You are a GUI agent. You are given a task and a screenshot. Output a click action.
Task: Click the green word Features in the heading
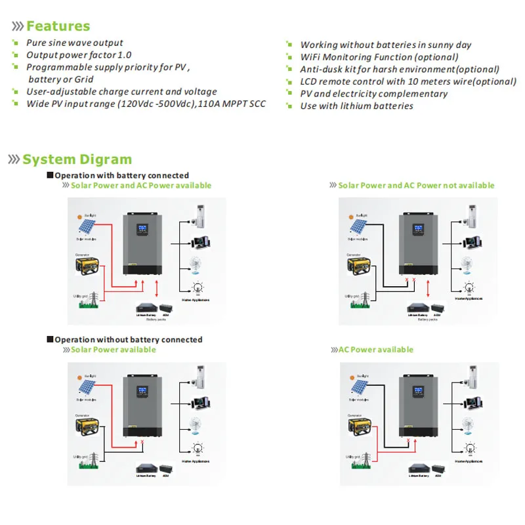pos(58,26)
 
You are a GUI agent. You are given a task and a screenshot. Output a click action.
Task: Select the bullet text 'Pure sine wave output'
pos(74,43)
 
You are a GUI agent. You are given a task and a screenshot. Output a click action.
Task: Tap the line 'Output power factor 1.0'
pos(79,55)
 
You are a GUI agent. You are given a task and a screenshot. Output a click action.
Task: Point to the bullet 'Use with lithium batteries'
pos(356,106)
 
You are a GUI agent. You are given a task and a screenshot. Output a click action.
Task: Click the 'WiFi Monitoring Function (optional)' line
pos(379,57)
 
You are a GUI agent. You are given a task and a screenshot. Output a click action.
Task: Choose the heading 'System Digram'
pos(77,159)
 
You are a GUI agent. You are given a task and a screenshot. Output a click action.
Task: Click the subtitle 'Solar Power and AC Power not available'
pos(416,186)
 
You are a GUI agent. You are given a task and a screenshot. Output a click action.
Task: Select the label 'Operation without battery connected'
pos(128,340)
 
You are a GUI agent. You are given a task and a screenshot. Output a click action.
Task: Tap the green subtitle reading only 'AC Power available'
pos(376,350)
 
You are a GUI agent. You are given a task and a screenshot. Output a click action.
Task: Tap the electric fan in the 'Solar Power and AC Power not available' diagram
pos(467,264)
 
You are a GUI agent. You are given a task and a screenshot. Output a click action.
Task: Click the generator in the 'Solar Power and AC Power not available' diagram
pos(359,266)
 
